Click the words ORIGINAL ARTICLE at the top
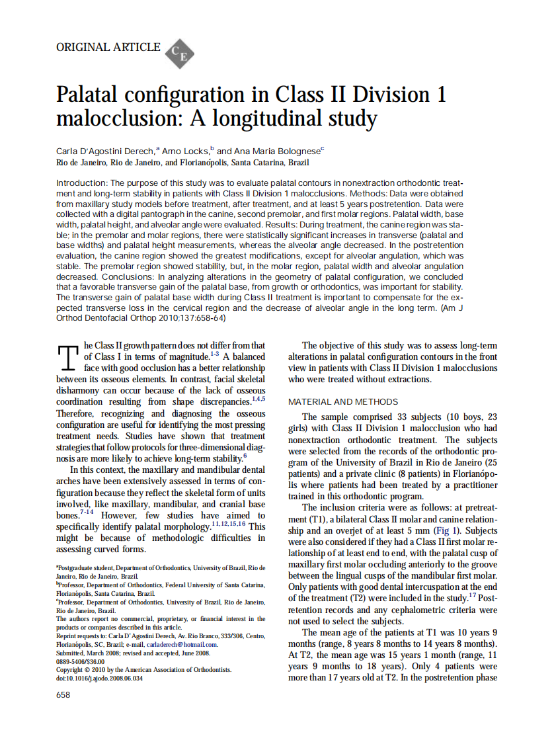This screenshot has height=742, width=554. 108,47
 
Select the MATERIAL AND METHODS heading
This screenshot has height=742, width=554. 343,402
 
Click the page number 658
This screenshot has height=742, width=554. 63,695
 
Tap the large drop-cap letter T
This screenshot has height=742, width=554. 69,358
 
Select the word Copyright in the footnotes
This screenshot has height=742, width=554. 73,669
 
